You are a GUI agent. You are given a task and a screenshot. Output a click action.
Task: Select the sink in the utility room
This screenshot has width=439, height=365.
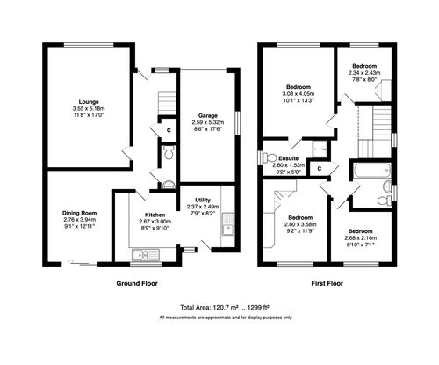pyautogui.click(x=227, y=230)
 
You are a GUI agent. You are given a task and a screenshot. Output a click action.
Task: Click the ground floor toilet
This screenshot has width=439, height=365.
pyautogui.click(x=169, y=155)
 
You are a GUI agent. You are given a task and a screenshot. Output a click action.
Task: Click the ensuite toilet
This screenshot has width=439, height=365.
pyautogui.click(x=265, y=158)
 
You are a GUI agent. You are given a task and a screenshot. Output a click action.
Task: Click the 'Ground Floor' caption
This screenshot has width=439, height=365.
pyautogui.click(x=139, y=285)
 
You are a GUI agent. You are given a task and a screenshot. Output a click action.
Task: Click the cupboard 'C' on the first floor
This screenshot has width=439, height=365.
pyautogui.click(x=320, y=167)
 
